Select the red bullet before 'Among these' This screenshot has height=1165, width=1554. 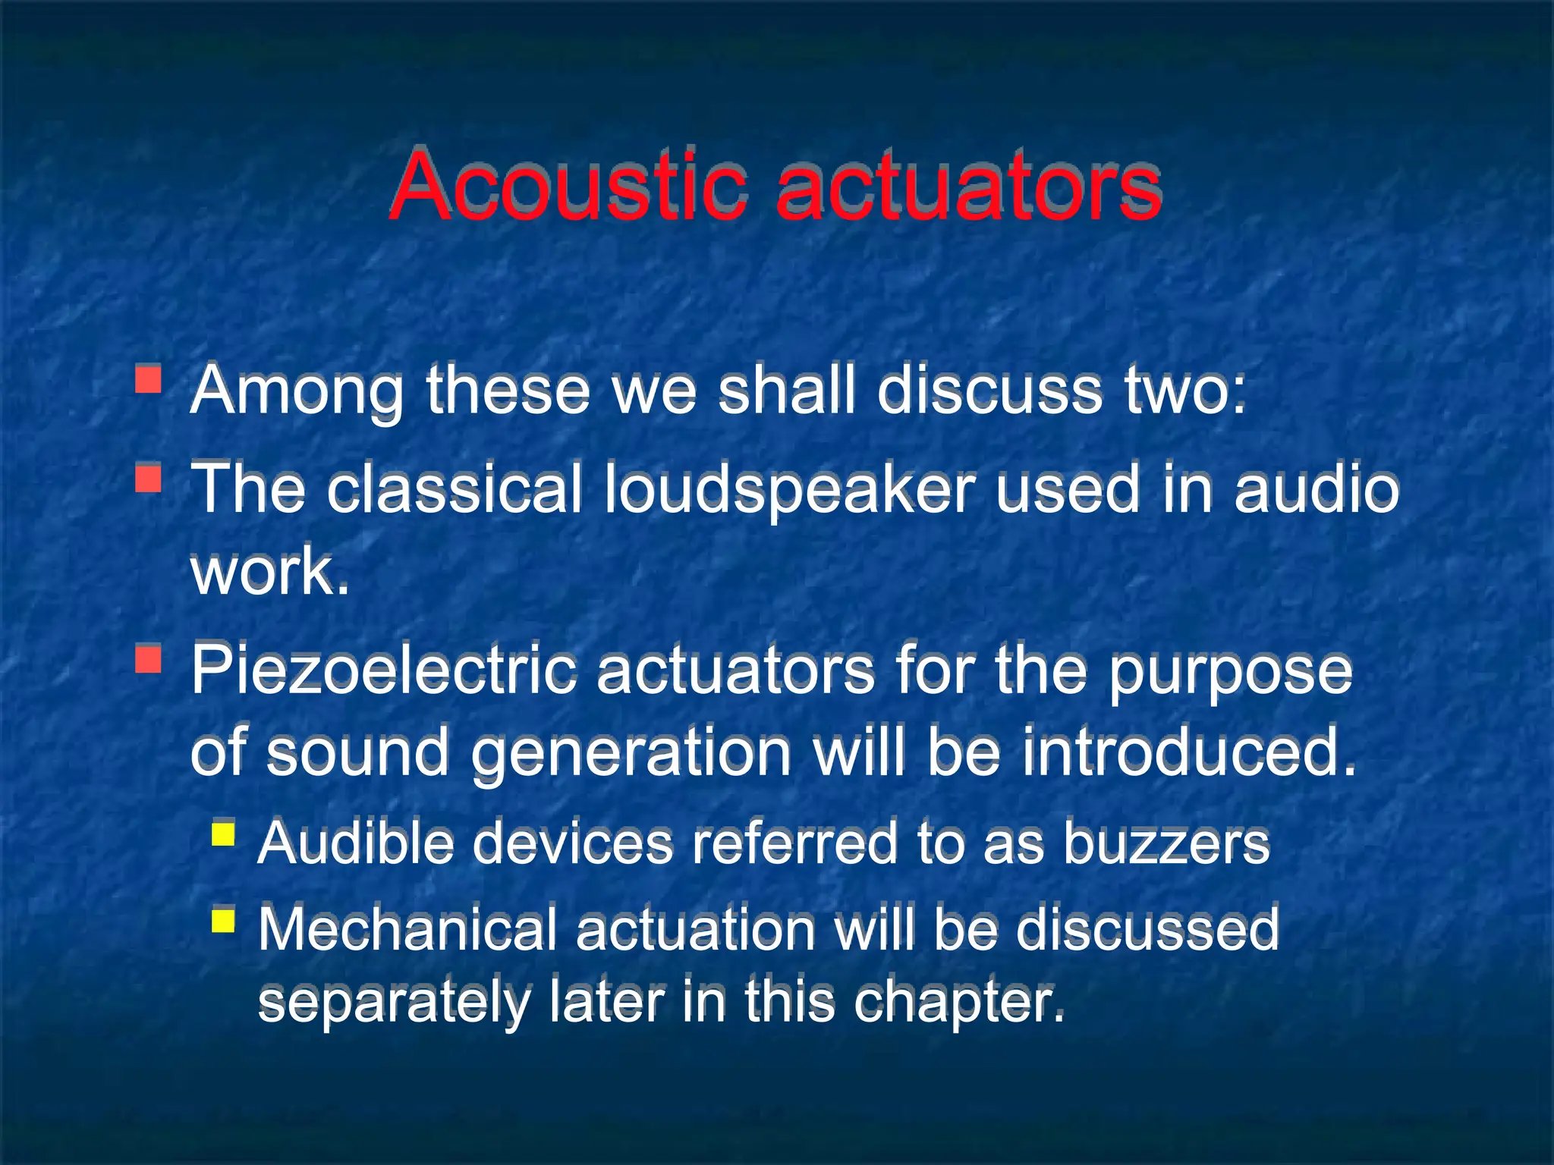[149, 379]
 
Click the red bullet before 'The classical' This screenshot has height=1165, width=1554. [149, 479]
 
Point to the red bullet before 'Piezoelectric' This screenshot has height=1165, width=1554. [149, 658]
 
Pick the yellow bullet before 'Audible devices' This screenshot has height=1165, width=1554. [224, 834]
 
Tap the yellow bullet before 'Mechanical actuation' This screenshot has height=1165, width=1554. [224, 920]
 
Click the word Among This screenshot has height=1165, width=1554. [297, 391]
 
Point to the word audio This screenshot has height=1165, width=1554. [1316, 489]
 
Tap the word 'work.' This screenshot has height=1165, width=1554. [270, 572]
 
